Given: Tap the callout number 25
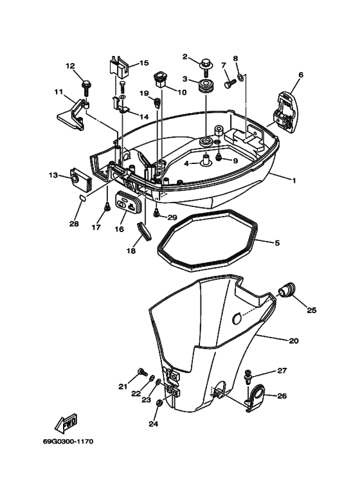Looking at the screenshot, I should [x=311, y=310].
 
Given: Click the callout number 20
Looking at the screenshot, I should [x=293, y=340].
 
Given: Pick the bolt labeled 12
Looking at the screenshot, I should [x=85, y=83].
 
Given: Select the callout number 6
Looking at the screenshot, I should [x=300, y=75].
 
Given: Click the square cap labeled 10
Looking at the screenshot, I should [x=160, y=80].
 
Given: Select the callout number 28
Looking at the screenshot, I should [x=73, y=224].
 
